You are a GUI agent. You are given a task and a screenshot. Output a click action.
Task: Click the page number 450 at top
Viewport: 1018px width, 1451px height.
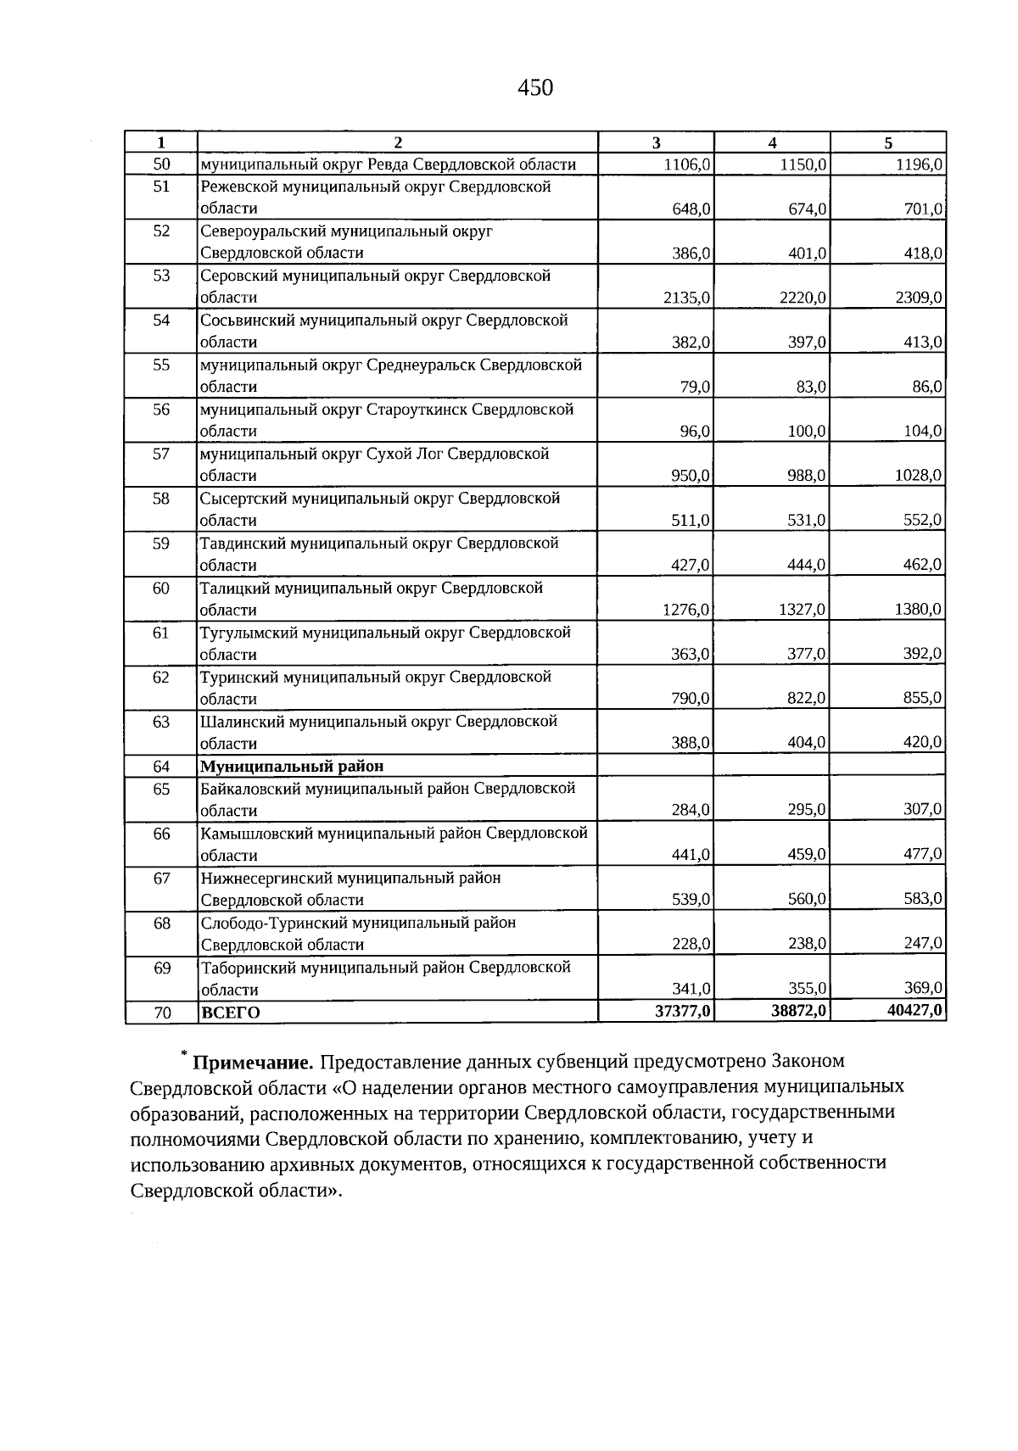click(534, 87)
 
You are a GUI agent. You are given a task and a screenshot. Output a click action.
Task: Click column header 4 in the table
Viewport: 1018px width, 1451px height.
click(772, 142)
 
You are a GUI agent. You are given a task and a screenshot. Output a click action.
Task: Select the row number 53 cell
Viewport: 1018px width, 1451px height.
click(161, 276)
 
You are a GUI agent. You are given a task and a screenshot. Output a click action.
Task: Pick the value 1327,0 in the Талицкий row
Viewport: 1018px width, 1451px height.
click(803, 609)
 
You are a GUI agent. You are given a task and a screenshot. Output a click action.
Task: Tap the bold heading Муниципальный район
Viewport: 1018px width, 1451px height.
click(292, 766)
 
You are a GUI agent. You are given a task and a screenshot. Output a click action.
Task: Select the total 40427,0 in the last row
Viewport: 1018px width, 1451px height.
click(915, 1011)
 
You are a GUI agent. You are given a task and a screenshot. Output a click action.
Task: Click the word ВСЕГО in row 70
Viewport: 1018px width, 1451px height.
click(231, 1013)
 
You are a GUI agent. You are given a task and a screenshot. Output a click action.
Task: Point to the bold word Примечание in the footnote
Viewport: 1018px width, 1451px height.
click(254, 1062)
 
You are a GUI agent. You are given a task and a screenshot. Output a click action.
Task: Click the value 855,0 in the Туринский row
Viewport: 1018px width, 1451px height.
click(923, 698)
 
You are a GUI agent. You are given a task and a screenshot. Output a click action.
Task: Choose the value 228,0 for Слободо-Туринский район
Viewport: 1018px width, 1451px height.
click(691, 944)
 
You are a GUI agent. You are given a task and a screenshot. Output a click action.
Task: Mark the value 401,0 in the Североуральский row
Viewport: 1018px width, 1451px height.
click(808, 253)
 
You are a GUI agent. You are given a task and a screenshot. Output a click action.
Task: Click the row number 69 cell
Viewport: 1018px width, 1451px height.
click(161, 968)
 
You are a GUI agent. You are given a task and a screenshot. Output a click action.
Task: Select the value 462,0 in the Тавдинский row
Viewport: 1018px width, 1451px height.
click(923, 565)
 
